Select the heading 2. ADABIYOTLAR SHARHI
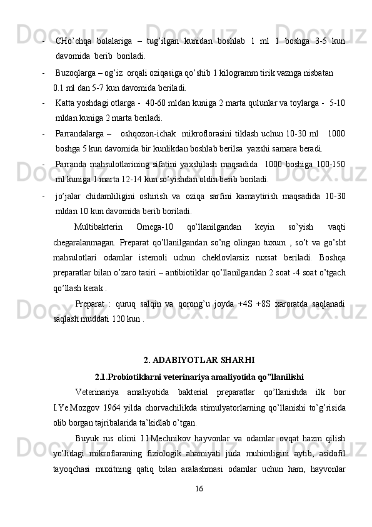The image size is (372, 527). coord(198,360)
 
